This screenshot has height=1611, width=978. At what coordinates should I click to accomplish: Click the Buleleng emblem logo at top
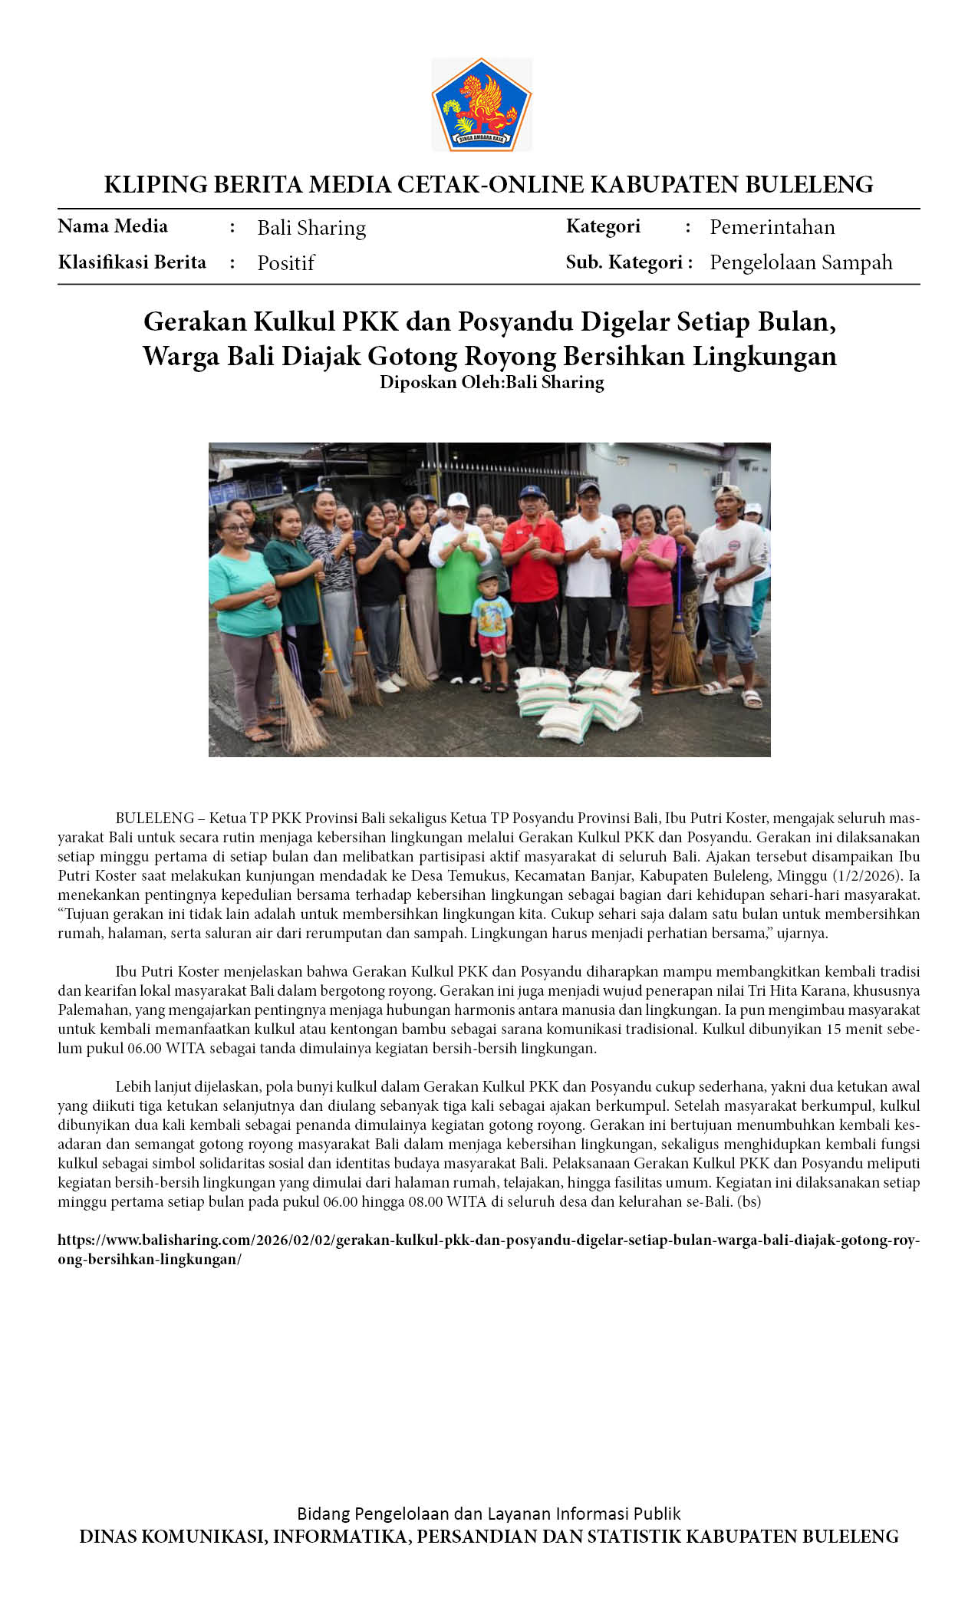coord(481,104)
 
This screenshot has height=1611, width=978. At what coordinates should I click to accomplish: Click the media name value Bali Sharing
coord(311,228)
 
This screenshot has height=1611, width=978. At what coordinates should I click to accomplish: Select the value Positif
coord(285,263)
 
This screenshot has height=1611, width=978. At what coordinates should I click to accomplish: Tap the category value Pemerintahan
coord(772,227)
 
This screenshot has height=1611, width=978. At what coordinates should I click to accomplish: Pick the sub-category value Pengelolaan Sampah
coord(801,262)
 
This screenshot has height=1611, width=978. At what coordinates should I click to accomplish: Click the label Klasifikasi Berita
coord(132,262)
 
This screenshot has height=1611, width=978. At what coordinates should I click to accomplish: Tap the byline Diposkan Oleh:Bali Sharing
coord(492,382)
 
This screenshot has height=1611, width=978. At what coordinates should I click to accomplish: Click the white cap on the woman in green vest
coord(458,499)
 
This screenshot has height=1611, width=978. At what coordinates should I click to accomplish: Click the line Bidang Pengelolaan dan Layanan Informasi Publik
coord(489,1514)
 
